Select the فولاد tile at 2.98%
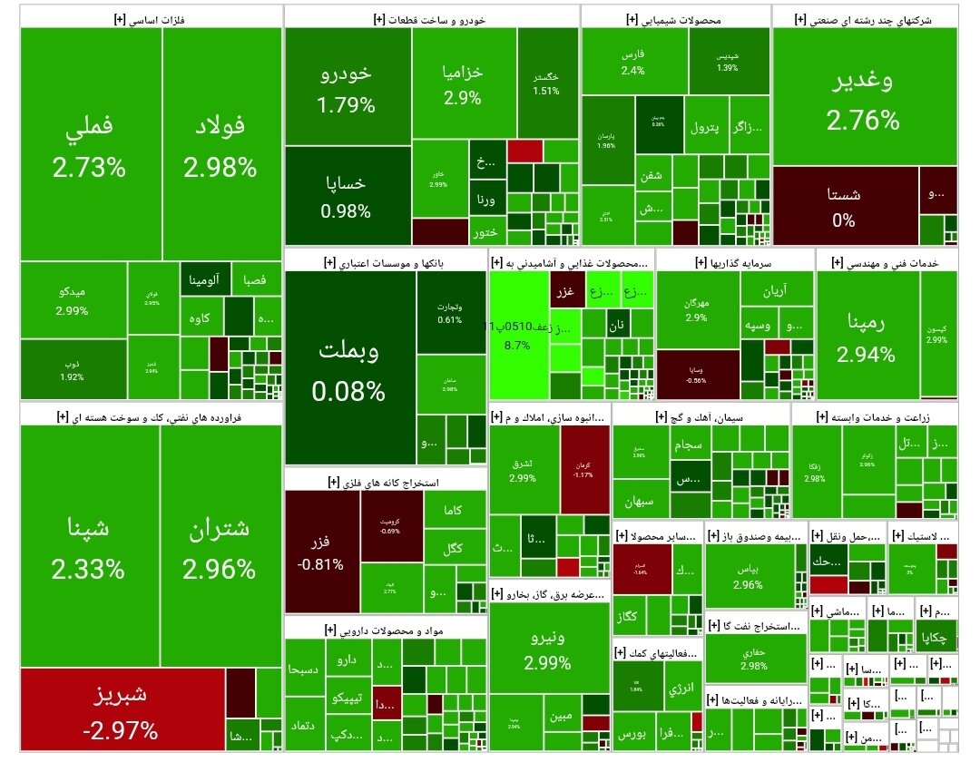pyautogui.click(x=220, y=145)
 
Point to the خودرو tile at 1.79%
pyautogui.click(x=347, y=88)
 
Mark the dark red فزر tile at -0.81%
pyautogui.click(x=322, y=552)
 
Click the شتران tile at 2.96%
pyautogui.click(x=219, y=548)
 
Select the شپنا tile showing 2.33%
pyautogui.click(x=89, y=548)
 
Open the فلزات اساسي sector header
pyautogui.click(x=150, y=17)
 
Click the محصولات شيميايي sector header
pyautogui.click(x=676, y=17)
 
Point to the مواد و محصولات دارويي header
pyautogui.click(x=386, y=628)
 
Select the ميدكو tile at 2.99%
pyautogui.click(x=73, y=300)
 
